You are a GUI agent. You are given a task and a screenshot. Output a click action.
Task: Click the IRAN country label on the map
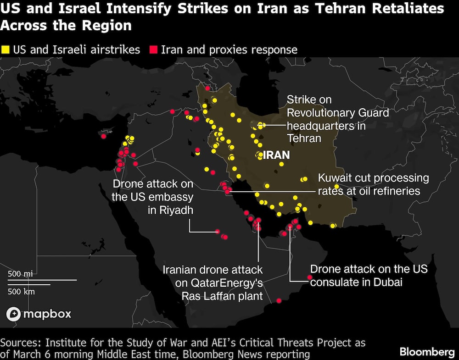click(x=276, y=155)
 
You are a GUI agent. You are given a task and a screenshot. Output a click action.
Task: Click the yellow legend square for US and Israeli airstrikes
click(x=6, y=50)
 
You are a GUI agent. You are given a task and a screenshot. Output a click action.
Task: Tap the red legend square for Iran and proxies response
click(x=154, y=50)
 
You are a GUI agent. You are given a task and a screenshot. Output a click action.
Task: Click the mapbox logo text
click(x=47, y=314)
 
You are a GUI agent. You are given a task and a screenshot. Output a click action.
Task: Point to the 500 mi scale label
click(x=20, y=274)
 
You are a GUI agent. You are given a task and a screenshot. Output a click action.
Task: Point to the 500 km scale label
click(x=21, y=291)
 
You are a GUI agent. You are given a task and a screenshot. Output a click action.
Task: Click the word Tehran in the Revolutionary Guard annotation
click(x=304, y=138)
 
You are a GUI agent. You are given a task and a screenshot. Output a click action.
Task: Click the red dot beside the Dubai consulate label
click(x=310, y=277)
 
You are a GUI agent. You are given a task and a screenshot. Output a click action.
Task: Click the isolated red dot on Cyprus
click(x=104, y=136)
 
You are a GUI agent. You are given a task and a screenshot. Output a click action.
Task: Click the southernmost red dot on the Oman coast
click(x=279, y=301)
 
